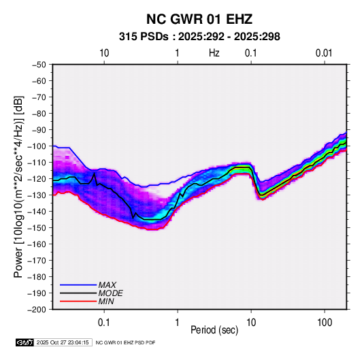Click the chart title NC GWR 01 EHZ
coord(199,19)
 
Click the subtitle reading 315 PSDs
coord(144,37)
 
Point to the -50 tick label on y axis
coord(39,65)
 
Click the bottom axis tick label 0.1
coord(104,323)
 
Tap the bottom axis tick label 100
coord(325,323)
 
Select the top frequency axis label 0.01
coord(324,53)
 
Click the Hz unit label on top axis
coord(214,53)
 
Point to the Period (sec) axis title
coord(214,330)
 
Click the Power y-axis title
coord(18,186)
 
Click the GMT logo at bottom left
coord(25,342)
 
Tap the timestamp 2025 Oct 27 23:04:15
coord(63,342)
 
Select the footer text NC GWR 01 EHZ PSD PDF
coord(125,342)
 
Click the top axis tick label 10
coord(104,53)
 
